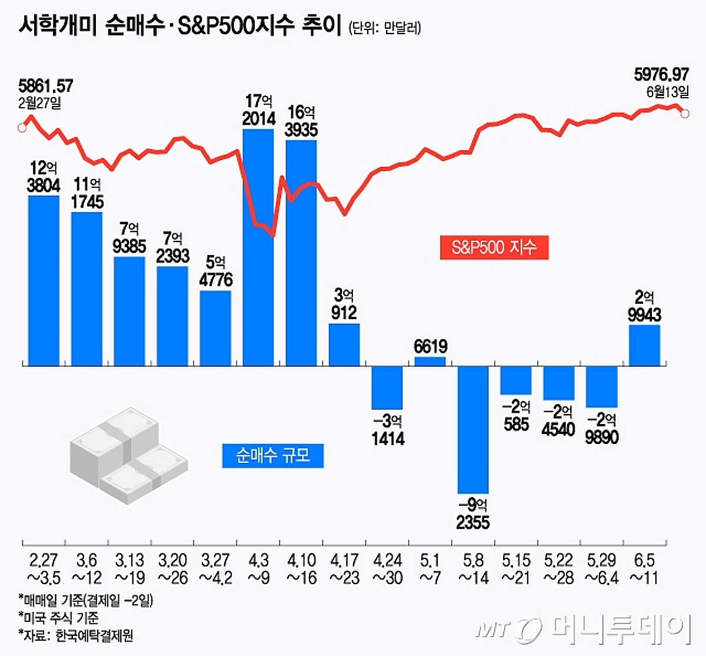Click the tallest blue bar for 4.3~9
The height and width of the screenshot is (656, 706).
[x=258, y=247]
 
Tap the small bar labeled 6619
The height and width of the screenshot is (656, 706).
[x=430, y=361]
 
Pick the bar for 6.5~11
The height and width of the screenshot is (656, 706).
[x=644, y=345]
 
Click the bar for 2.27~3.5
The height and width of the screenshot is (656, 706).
[x=44, y=280]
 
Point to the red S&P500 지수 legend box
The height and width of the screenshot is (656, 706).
[x=494, y=247]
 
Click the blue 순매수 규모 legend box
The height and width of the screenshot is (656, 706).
[x=273, y=456]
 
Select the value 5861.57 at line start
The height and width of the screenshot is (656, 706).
[x=46, y=86]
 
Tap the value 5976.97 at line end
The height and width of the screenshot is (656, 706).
[x=661, y=74]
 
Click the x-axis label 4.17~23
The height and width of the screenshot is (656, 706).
[x=345, y=569]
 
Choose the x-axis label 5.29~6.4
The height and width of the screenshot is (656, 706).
[x=601, y=569]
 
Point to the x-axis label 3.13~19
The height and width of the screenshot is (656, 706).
[x=130, y=569]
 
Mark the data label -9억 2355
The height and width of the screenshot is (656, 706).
[x=473, y=514]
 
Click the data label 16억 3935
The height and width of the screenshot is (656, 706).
[x=301, y=121]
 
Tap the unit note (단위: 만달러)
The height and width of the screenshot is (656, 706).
[x=385, y=28]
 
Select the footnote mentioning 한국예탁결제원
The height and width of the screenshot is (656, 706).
[x=76, y=635]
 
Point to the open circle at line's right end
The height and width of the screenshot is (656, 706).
[x=685, y=113]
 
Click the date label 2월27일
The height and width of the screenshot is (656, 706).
[x=39, y=103]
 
